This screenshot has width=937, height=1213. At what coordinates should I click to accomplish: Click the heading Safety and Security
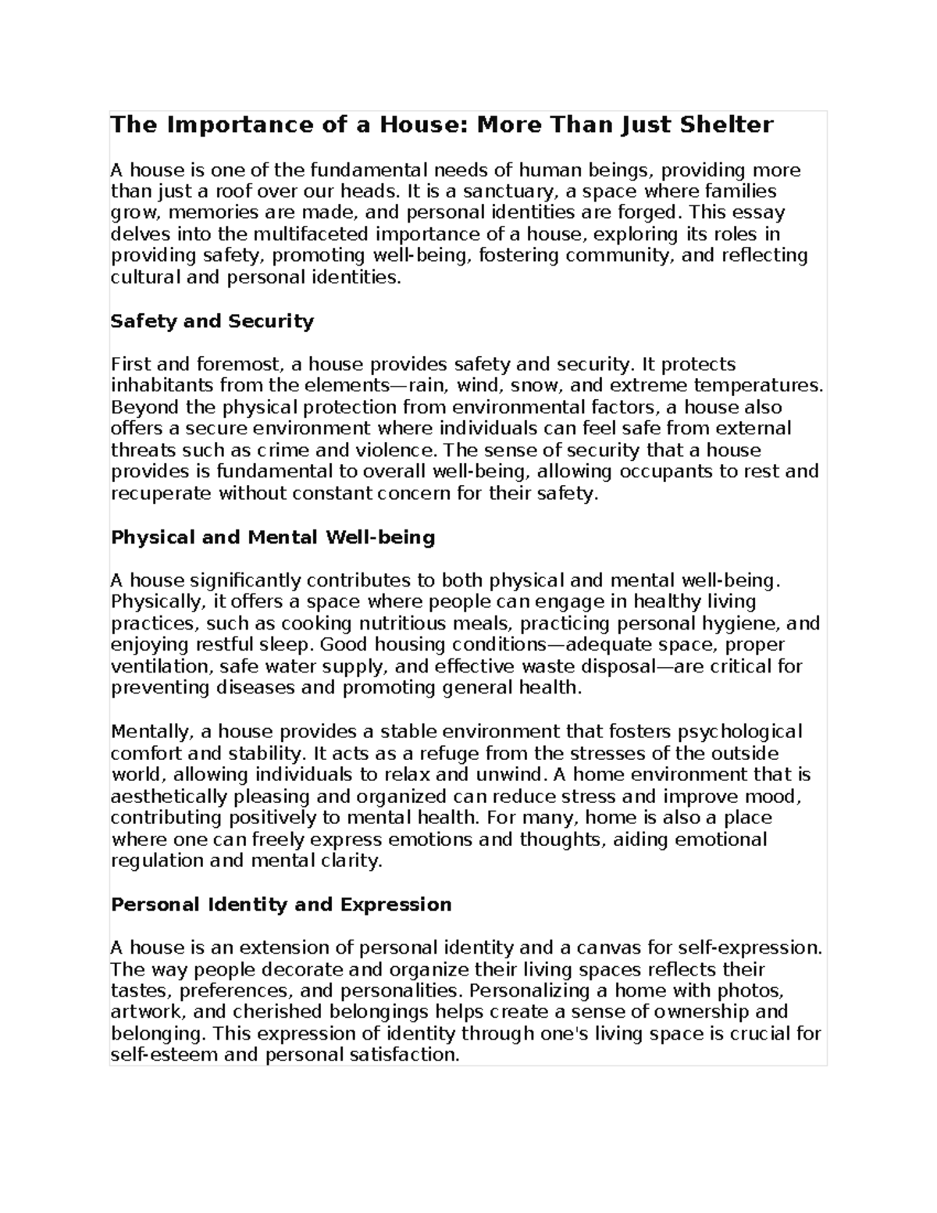click(x=212, y=321)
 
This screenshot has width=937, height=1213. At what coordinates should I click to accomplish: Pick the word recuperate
click(x=161, y=494)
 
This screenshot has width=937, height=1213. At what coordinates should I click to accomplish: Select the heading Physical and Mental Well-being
click(x=273, y=537)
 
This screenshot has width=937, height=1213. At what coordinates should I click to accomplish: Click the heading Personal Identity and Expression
click(x=281, y=904)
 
